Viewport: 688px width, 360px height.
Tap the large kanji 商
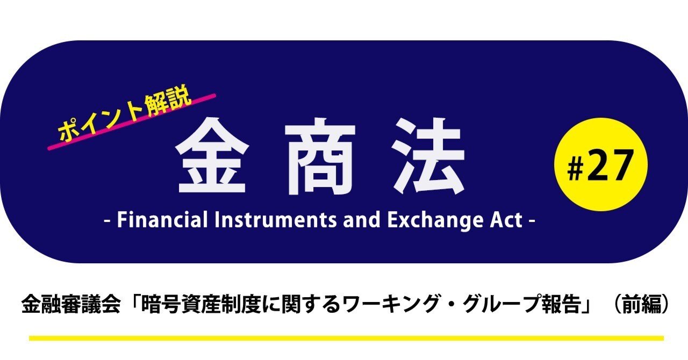tap(320, 156)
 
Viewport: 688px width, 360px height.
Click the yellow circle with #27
tap(600, 164)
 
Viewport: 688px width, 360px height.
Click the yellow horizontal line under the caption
tap(346, 338)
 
